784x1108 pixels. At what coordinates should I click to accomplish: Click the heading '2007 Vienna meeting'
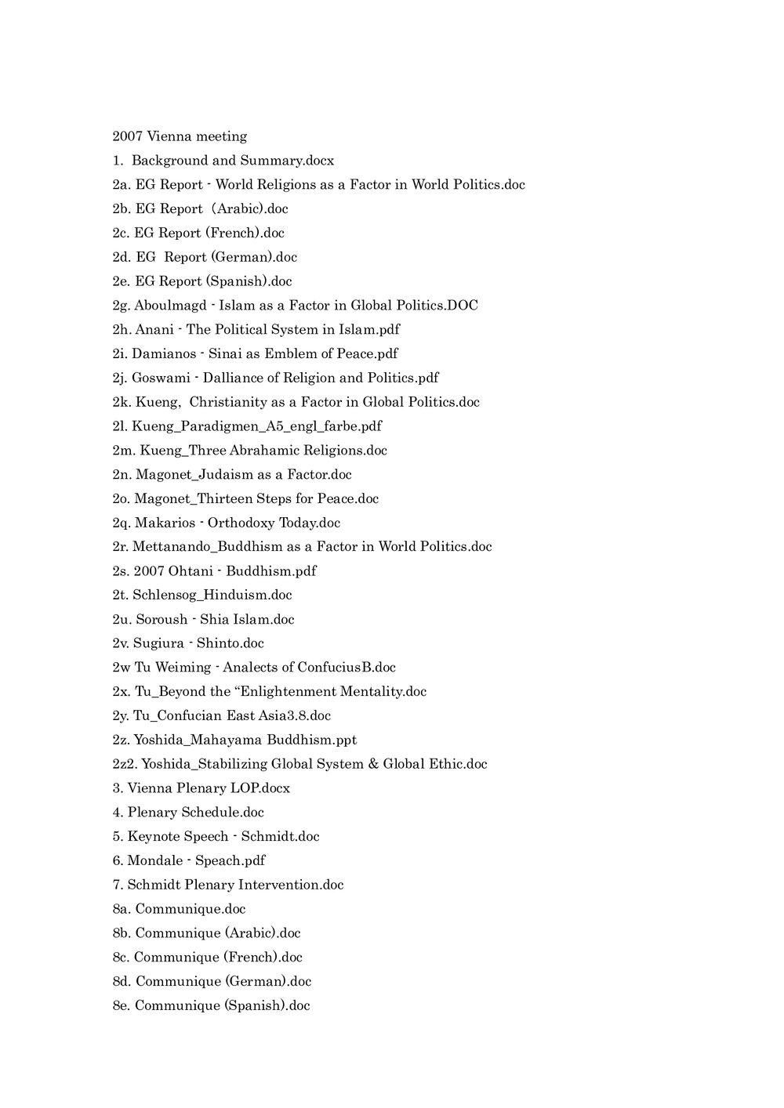pos(180,136)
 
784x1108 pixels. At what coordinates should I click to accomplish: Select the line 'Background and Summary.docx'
pos(232,161)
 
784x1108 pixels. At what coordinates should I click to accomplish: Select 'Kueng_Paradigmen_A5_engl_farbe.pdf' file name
pos(256,426)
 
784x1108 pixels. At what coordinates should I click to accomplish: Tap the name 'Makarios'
pos(164,523)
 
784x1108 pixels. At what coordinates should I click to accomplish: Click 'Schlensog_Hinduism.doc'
pos(212,596)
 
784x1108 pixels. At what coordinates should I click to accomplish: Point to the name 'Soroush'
pos(162,620)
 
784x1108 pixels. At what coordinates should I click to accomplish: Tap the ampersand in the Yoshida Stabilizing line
pos(372,764)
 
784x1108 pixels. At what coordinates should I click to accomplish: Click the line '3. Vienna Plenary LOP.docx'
pos(201,788)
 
